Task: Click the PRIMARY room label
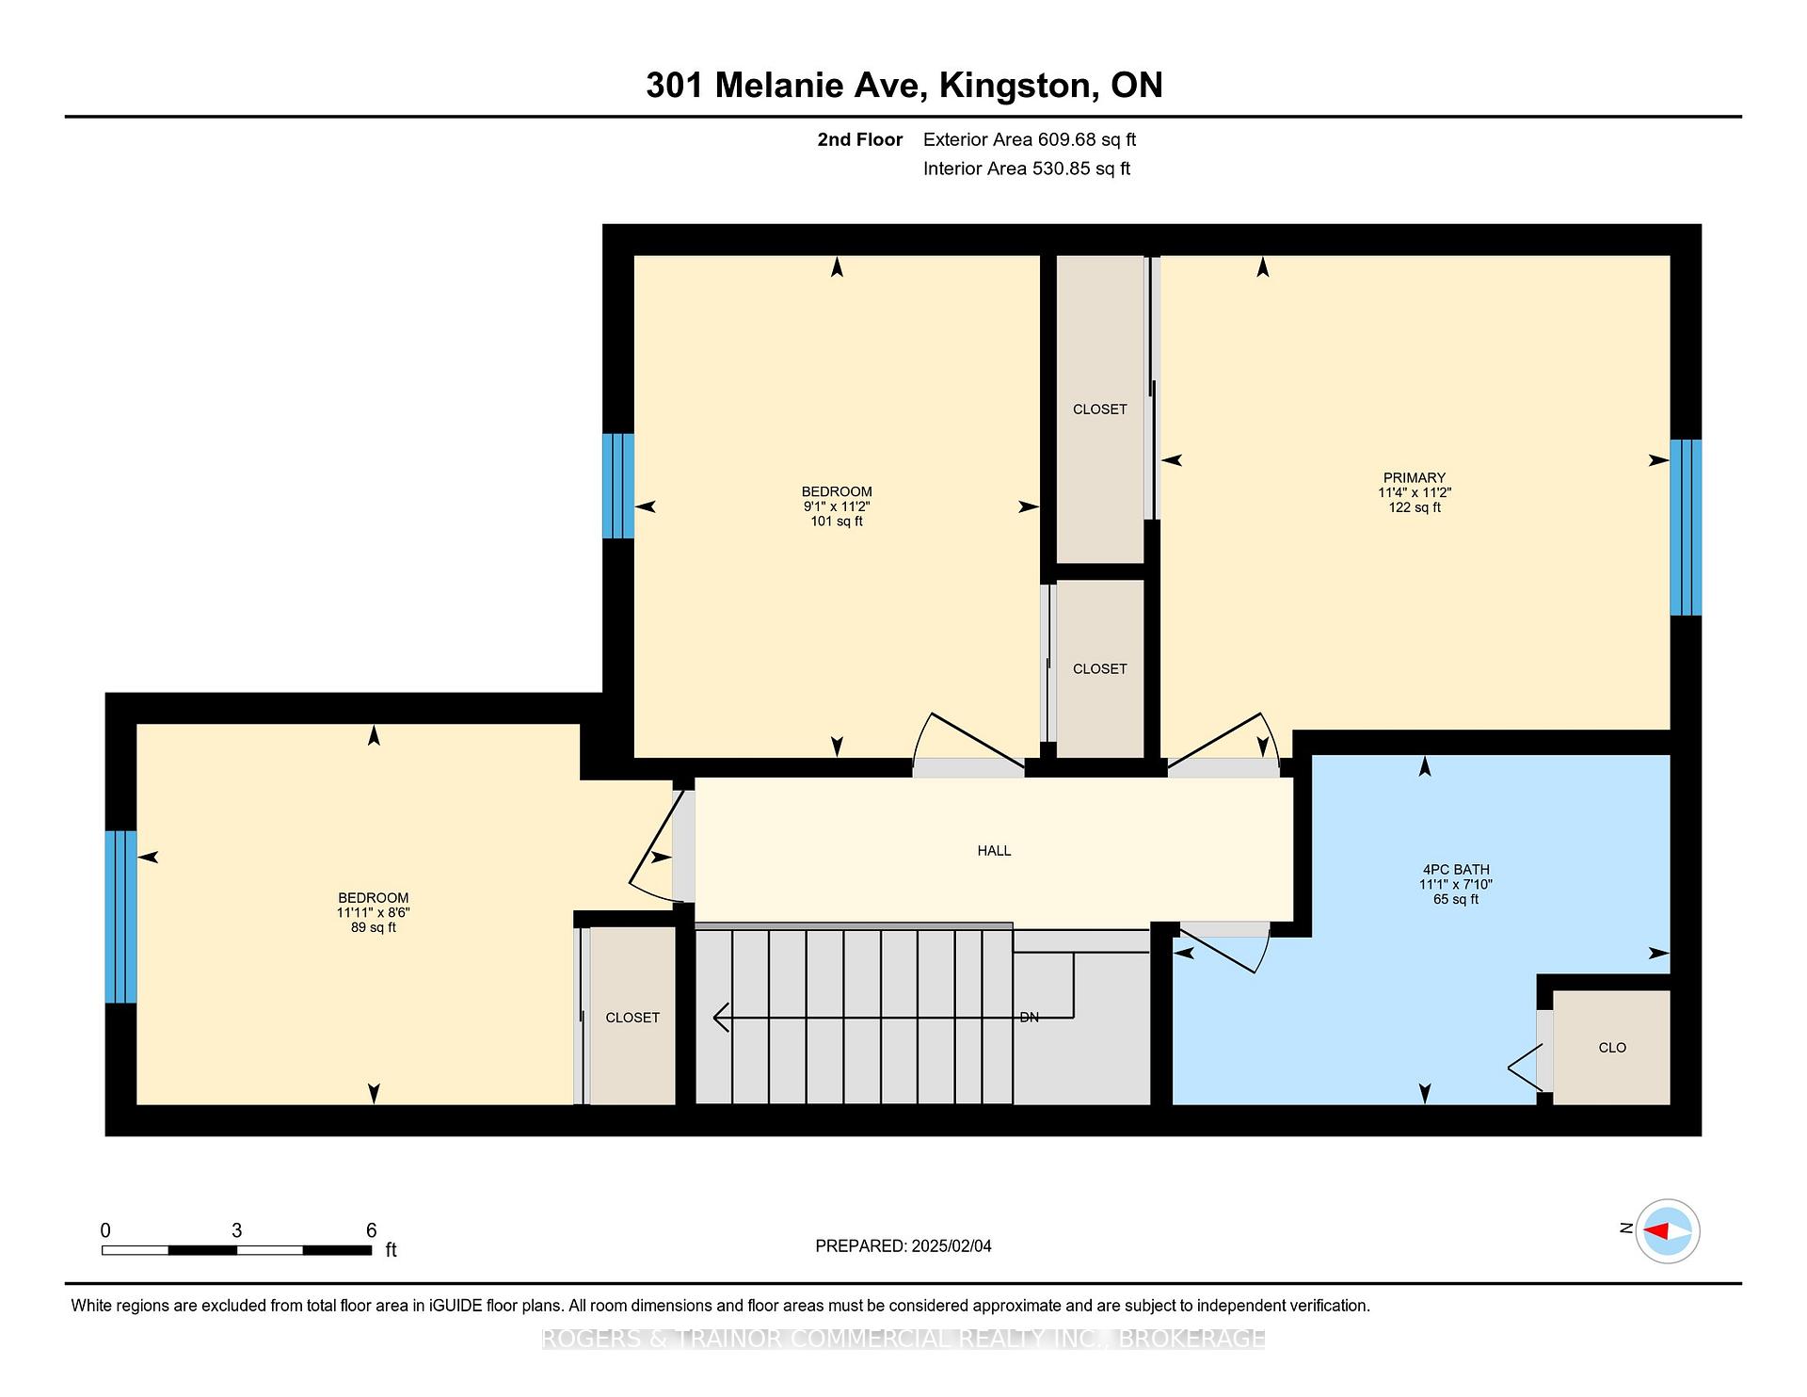pyautogui.click(x=1414, y=477)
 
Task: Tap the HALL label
pyautogui.click(x=994, y=851)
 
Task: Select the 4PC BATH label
pyautogui.click(x=1456, y=870)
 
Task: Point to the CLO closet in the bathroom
pyautogui.click(x=1612, y=1048)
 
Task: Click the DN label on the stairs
pyautogui.click(x=1030, y=1018)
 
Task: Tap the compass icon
pyautogui.click(x=1667, y=1230)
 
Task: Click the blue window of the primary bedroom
pyautogui.click(x=1686, y=527)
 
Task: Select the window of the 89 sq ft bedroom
pyautogui.click(x=120, y=917)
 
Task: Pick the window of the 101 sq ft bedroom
pyautogui.click(x=618, y=486)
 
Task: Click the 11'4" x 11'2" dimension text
pyautogui.click(x=1415, y=492)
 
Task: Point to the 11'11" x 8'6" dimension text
pyautogui.click(x=374, y=913)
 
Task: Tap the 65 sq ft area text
pyautogui.click(x=1456, y=900)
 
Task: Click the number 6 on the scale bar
pyautogui.click(x=372, y=1230)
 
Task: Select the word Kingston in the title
pyautogui.click(x=1018, y=86)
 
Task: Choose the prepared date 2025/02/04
pyautogui.click(x=951, y=1246)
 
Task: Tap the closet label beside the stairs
pyautogui.click(x=632, y=1018)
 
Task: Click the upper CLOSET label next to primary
pyautogui.click(x=1100, y=409)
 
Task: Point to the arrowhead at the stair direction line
pyautogui.click(x=722, y=1018)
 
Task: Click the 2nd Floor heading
pyautogui.click(x=859, y=139)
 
